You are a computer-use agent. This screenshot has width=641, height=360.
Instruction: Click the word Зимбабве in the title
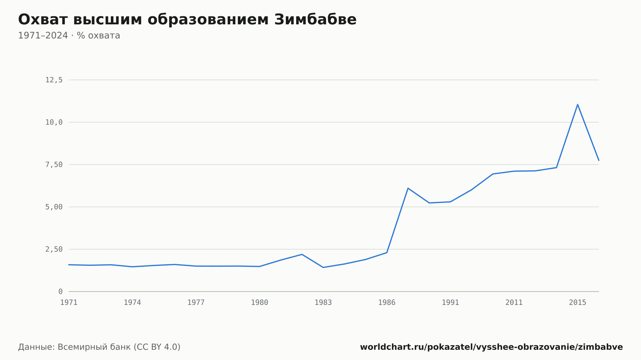(315, 20)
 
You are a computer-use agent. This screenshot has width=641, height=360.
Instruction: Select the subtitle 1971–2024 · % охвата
(69, 36)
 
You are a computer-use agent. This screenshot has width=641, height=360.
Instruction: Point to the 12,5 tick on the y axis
(54, 80)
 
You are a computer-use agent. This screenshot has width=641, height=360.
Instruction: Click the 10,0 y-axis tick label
(54, 122)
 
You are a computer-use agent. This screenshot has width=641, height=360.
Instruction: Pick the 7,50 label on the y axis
(54, 165)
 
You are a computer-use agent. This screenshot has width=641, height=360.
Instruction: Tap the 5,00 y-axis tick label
(54, 207)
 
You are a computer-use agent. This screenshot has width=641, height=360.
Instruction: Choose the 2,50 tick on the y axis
(54, 249)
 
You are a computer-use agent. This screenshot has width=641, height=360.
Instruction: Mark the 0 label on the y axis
(61, 291)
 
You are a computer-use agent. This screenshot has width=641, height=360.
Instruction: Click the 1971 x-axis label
(69, 303)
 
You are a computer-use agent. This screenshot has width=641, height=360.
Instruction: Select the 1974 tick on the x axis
(132, 303)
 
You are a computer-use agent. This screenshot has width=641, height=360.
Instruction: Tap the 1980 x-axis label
(260, 303)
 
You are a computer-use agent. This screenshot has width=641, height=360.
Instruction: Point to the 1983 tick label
(323, 303)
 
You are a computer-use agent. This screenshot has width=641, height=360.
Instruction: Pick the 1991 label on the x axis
(450, 303)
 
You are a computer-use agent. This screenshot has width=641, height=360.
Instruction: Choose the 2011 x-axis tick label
(514, 303)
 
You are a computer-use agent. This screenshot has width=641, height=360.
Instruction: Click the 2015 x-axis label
(578, 303)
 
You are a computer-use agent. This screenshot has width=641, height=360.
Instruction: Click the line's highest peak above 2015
(578, 104)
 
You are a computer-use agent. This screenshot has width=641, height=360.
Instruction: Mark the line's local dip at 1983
(323, 267)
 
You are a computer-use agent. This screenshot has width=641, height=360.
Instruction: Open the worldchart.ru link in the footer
(491, 347)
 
